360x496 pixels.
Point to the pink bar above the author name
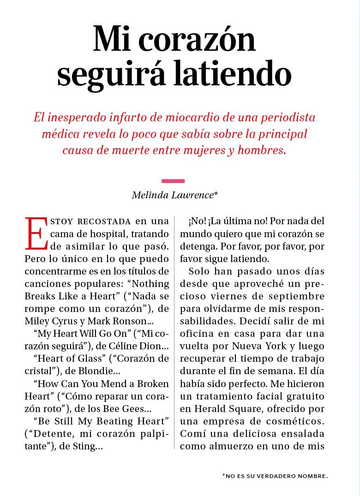(x=174, y=181)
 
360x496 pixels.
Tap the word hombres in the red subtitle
(x=261, y=150)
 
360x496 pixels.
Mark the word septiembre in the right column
(x=300, y=296)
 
